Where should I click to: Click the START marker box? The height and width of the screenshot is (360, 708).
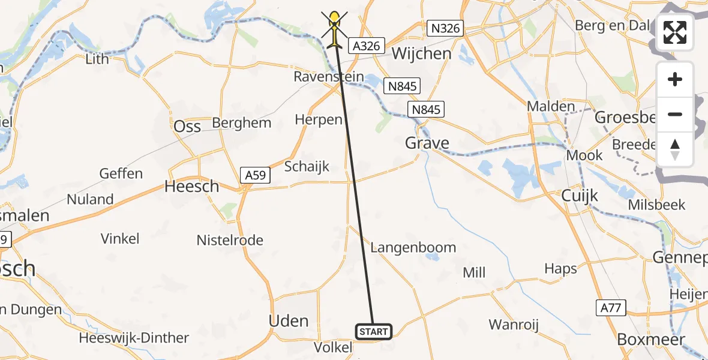point(374,331)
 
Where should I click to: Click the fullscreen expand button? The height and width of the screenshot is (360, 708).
point(675,32)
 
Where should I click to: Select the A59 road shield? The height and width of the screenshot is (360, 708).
point(257,175)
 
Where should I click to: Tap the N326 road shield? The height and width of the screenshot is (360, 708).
point(445,28)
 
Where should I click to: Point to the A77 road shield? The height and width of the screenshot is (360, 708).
point(611,308)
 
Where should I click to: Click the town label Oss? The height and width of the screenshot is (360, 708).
point(187,126)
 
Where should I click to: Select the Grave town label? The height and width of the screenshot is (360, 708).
point(427,143)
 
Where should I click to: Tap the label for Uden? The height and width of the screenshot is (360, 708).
point(289,321)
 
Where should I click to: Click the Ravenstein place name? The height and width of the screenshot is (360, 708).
point(329,77)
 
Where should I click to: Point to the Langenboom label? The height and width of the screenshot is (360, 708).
point(413,247)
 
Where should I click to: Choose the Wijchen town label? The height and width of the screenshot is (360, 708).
point(421,54)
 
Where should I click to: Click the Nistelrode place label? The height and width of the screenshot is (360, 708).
point(230,241)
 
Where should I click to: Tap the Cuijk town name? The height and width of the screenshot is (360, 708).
point(580,195)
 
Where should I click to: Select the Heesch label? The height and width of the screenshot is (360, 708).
point(192,187)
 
